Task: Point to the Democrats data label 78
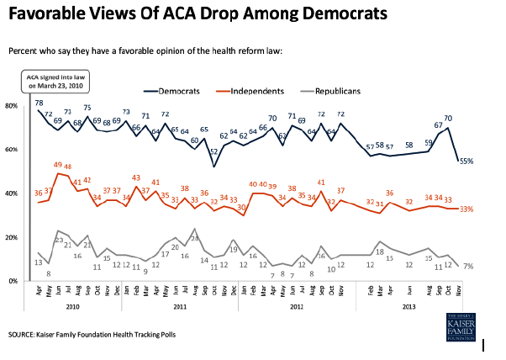(39, 102)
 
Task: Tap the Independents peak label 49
(57, 165)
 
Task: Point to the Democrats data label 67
(438, 124)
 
